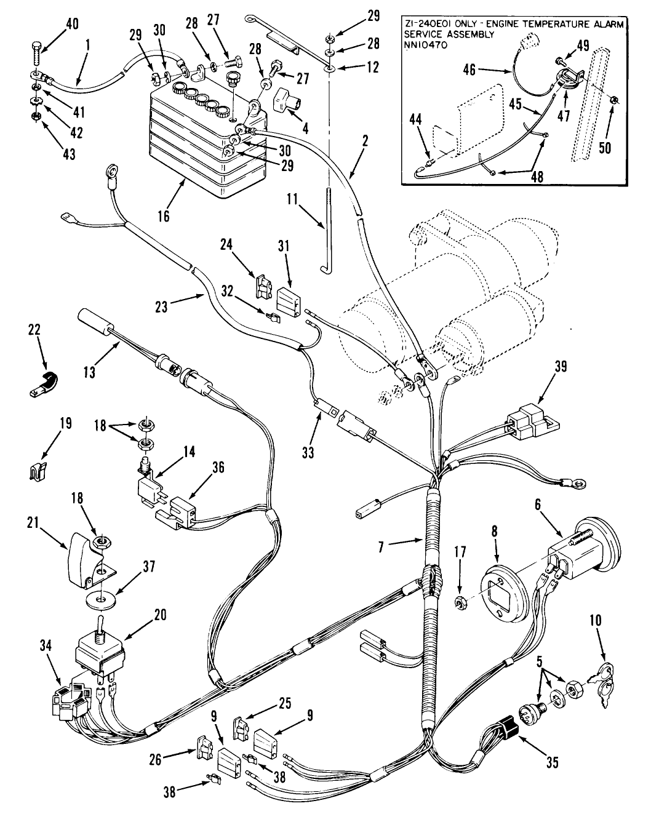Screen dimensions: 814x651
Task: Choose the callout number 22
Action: click(x=34, y=330)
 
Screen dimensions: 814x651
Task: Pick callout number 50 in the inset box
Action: click(x=605, y=148)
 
